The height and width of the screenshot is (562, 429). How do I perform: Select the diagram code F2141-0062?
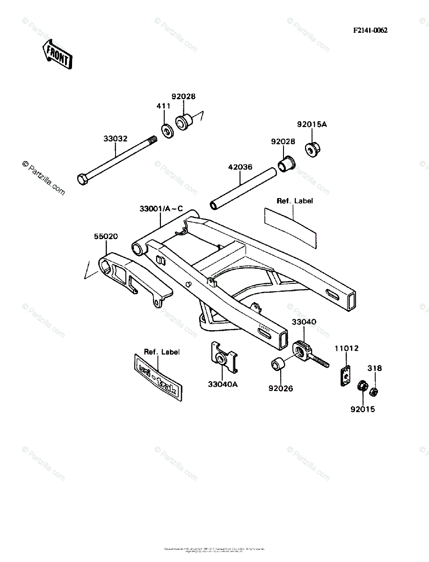tap(370, 30)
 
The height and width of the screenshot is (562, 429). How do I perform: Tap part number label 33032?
tap(115, 139)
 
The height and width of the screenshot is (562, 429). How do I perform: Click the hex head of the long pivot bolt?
tap(81, 179)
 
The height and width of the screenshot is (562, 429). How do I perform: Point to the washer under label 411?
tap(167, 130)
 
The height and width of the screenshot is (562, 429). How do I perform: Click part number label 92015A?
tap(312, 125)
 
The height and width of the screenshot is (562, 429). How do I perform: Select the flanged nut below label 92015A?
tap(312, 149)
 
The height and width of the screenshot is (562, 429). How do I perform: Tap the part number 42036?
tap(240, 167)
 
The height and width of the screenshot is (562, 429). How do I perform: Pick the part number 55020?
tap(106, 237)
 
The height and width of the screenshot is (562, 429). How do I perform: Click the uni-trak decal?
tap(158, 377)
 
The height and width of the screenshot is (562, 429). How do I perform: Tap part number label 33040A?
tap(223, 385)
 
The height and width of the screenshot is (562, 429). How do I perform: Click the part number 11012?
tap(346, 348)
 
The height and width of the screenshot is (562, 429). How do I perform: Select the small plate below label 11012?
tap(345, 376)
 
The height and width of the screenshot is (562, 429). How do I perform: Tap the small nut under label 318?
tap(374, 391)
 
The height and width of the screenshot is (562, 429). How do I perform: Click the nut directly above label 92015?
tap(362, 387)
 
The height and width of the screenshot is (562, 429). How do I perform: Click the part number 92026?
tap(281, 388)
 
